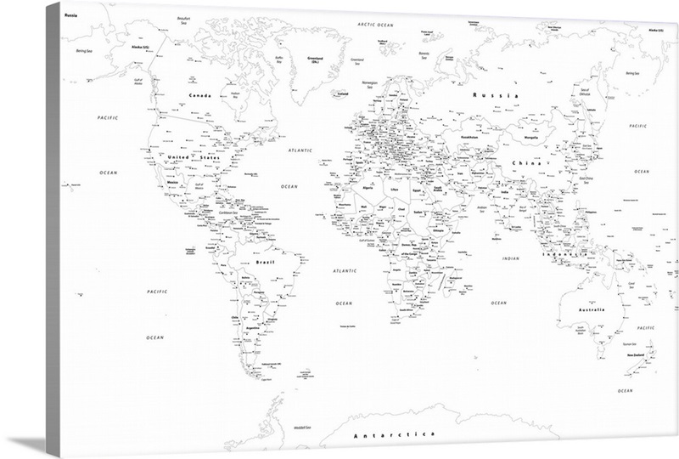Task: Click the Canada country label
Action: coord(199,95)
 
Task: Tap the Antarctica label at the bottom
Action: coord(393,434)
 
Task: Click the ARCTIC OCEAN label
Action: coord(377,25)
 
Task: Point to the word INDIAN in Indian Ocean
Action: coord(511,258)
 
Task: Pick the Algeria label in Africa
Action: coord(368,186)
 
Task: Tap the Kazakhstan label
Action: coord(471,137)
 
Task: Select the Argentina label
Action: coord(251,328)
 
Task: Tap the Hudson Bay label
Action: coord(236,94)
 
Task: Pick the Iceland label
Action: coord(343,94)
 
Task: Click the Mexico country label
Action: coord(173,181)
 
